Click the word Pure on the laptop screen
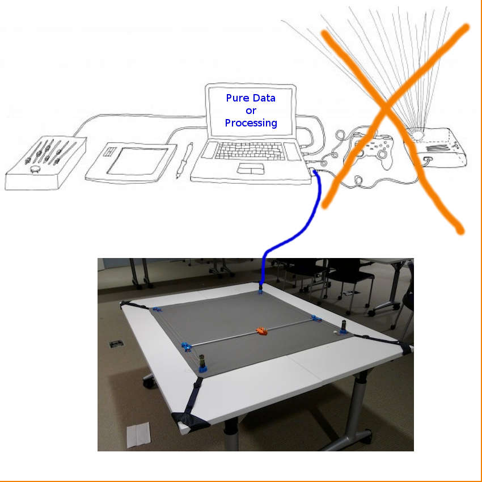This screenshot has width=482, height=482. pyautogui.click(x=237, y=98)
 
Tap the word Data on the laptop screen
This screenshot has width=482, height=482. pyautogui.click(x=264, y=98)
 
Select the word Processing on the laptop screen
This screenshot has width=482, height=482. pyautogui.click(x=251, y=123)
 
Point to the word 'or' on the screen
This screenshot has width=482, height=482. pyautogui.click(x=251, y=111)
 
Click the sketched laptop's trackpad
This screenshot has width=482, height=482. pyautogui.click(x=251, y=169)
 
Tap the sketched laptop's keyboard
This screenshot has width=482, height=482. pyautogui.click(x=250, y=151)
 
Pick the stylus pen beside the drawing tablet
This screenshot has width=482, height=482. pyautogui.click(x=185, y=160)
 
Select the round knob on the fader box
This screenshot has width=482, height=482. pyautogui.click(x=36, y=168)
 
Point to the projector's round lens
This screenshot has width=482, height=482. pyautogui.click(x=417, y=134)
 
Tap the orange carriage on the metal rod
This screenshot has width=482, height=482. pyautogui.click(x=261, y=331)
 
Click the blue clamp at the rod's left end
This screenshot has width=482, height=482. pyautogui.click(x=186, y=346)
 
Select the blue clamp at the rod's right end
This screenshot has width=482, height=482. pyautogui.click(x=316, y=318)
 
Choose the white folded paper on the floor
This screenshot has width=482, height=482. pyautogui.click(x=138, y=435)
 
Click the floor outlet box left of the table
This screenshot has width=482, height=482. pyautogui.click(x=116, y=344)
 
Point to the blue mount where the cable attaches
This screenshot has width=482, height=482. pyautogui.click(x=260, y=290)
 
